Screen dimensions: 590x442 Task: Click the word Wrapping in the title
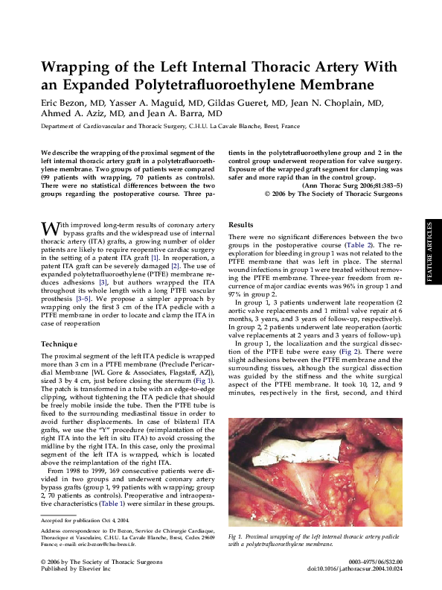pos(77,68)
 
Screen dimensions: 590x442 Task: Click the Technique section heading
pos(59,344)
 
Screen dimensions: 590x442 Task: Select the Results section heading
pos(241,224)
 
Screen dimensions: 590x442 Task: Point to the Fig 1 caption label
pos(237,536)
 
